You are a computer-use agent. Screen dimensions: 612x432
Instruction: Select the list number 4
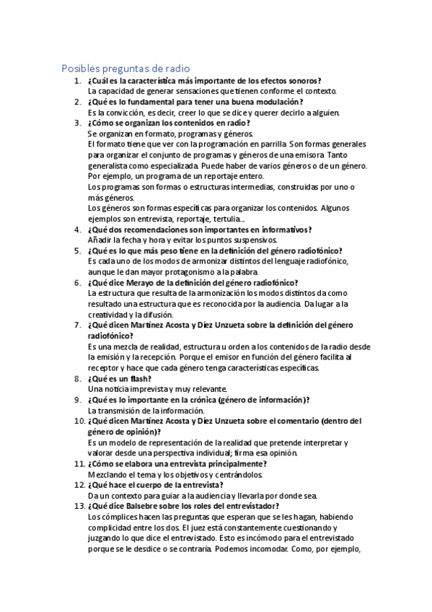coord(77,229)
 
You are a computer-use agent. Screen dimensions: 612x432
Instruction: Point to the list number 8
coord(77,378)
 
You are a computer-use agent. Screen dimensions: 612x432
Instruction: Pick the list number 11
coord(75,463)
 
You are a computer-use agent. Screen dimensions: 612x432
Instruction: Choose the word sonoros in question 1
coord(301,81)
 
